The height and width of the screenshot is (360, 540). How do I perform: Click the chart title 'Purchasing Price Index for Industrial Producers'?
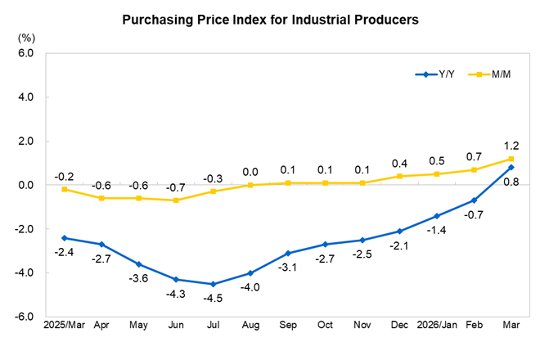click(270, 19)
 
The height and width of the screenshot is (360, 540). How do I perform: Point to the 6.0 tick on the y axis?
click(25, 53)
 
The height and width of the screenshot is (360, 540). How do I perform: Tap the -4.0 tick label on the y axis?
click(24, 273)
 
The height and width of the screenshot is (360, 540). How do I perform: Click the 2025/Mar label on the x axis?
click(64, 326)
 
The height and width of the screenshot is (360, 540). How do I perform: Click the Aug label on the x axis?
click(251, 326)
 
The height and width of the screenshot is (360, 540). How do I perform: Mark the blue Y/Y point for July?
click(214, 284)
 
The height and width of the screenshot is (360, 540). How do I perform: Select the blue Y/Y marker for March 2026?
click(511, 167)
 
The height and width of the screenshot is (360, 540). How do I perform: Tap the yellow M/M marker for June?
click(176, 200)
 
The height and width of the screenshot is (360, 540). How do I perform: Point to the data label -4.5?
click(214, 299)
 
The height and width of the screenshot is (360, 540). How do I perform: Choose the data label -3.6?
click(139, 278)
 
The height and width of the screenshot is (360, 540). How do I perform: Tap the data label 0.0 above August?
click(251, 172)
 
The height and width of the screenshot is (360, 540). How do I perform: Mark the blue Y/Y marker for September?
click(288, 253)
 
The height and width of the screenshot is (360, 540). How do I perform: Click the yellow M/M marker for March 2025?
click(64, 189)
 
